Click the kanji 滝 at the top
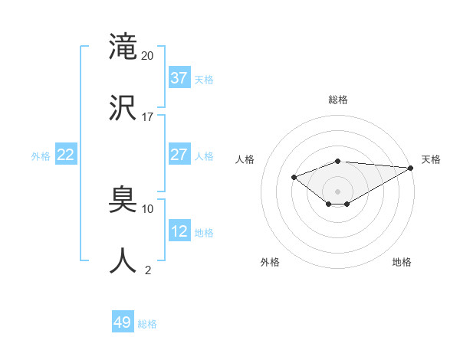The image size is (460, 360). pyautogui.click(x=123, y=47)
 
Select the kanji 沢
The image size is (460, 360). pyautogui.click(x=123, y=109)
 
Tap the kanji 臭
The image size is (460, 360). pyautogui.click(x=123, y=200)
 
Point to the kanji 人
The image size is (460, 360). pyautogui.click(x=123, y=261)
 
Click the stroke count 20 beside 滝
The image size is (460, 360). pyautogui.click(x=148, y=55)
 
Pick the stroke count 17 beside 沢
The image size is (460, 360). pyautogui.click(x=148, y=117)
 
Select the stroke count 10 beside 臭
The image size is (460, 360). pyautogui.click(x=148, y=208)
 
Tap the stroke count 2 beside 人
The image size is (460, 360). pyautogui.click(x=148, y=270)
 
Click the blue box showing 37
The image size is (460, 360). pyautogui.click(x=179, y=78)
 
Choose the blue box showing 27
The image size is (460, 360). pyautogui.click(x=179, y=155)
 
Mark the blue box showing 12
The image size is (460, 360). pyautogui.click(x=179, y=231)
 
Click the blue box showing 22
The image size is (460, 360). pyautogui.click(x=66, y=155)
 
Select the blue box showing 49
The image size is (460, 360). pyautogui.click(x=123, y=322)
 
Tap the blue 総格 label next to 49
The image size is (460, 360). pyautogui.click(x=147, y=324)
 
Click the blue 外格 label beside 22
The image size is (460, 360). pyautogui.click(x=41, y=156)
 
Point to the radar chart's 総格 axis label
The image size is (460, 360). pyautogui.click(x=338, y=100)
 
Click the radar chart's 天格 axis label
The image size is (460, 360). pyautogui.click(x=431, y=159)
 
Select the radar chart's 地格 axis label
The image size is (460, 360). pyautogui.click(x=402, y=262)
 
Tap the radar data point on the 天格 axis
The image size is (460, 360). pyautogui.click(x=412, y=168)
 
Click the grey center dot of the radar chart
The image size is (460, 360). pyautogui.click(x=338, y=191)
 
